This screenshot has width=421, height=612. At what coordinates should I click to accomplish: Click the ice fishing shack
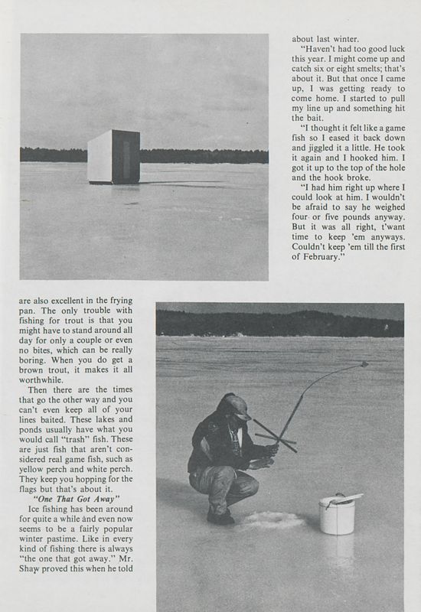113,157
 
